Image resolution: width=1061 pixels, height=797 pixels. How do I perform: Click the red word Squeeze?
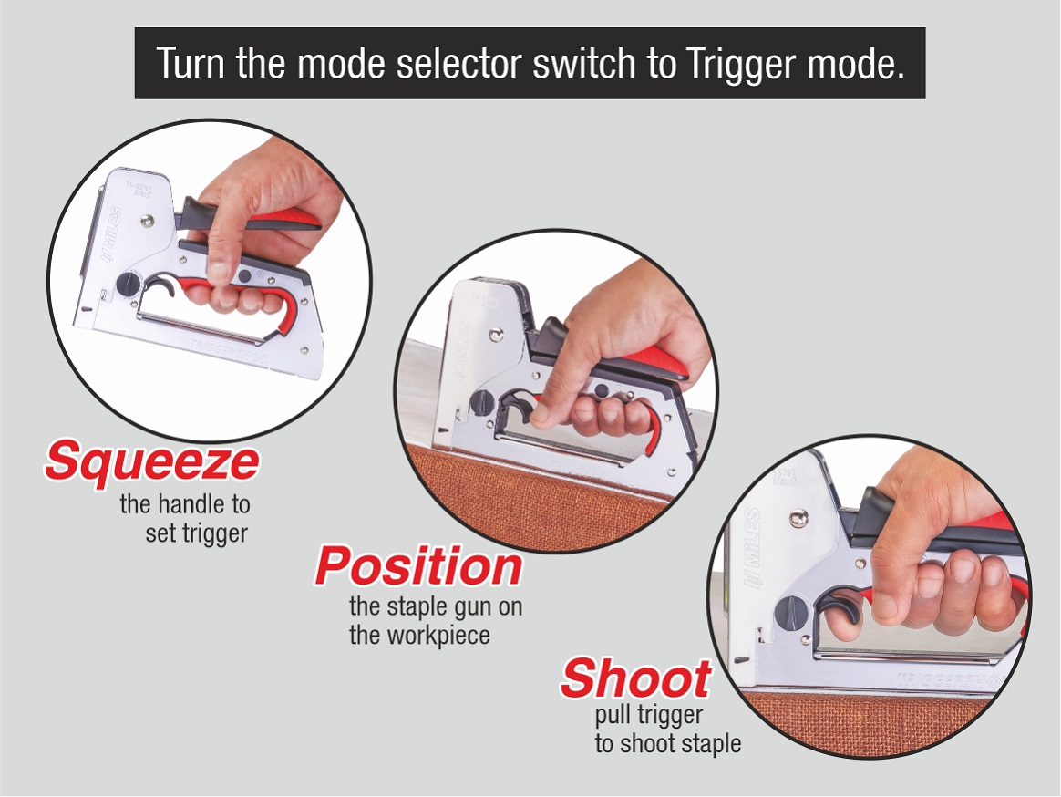click(x=152, y=462)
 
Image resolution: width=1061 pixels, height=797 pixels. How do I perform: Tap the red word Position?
click(x=418, y=566)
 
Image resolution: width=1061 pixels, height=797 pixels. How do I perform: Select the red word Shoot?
click(x=636, y=678)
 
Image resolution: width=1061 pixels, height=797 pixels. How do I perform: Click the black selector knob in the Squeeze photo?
click(x=129, y=285)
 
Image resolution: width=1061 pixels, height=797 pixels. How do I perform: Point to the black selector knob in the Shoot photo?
click(x=789, y=613)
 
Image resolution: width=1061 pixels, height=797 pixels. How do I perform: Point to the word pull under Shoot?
click(x=614, y=716)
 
